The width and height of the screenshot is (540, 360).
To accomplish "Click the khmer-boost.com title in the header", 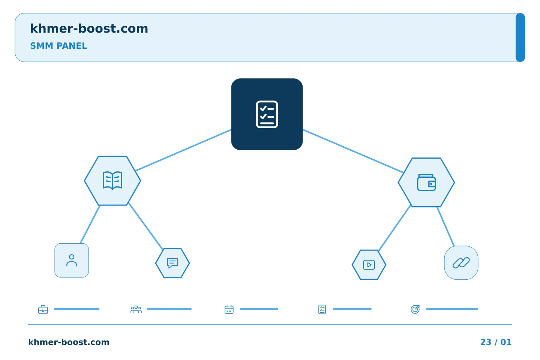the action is (x=89, y=28).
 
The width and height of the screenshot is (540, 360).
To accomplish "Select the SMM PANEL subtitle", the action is (x=58, y=46).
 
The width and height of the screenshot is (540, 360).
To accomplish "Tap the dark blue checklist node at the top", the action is (x=267, y=114).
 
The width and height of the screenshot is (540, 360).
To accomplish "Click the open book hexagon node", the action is (x=112, y=181).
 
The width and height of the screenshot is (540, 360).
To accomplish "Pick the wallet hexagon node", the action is (x=426, y=182).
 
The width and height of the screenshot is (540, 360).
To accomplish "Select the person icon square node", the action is (x=72, y=260).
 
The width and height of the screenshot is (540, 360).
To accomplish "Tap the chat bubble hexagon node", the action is (x=172, y=263).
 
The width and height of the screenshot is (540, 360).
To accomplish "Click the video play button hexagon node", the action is (x=369, y=265).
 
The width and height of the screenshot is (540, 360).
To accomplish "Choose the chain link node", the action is (x=461, y=262).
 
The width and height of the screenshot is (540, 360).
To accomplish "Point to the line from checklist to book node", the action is (x=183, y=150).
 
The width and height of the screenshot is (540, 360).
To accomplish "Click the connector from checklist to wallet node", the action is (x=353, y=151).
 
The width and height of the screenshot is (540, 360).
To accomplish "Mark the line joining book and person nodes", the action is (x=90, y=225).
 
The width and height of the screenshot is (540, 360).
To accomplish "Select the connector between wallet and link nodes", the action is (x=446, y=226).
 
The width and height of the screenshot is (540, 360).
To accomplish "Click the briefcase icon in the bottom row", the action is (x=43, y=309).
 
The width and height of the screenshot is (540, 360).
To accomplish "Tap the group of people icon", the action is (x=136, y=309).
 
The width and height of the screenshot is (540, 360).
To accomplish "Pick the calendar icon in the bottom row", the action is (x=229, y=309).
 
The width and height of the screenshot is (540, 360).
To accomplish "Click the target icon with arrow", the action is (x=415, y=309).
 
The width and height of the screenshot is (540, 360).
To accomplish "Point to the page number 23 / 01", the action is (x=496, y=342).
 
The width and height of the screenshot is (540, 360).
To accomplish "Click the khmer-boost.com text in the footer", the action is (x=69, y=342).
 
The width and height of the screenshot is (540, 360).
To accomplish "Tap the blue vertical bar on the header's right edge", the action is (x=520, y=37).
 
